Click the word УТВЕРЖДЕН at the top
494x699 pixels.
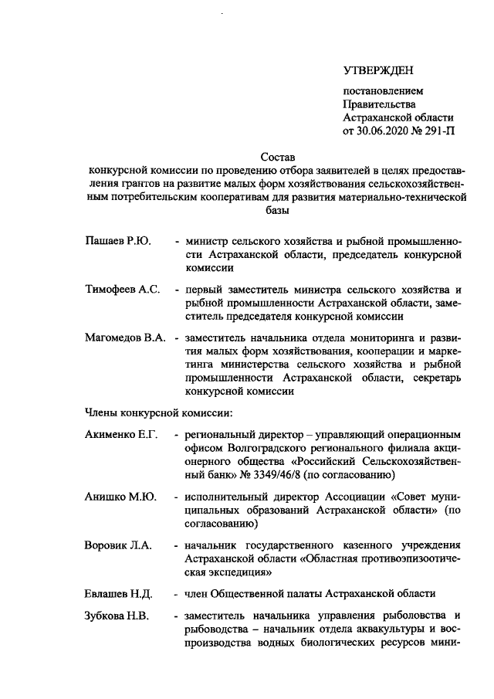[x=377, y=70]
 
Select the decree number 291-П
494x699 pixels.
[x=438, y=131]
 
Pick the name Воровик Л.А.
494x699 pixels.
[x=117, y=546]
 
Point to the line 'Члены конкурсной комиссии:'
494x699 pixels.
[x=154, y=413]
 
